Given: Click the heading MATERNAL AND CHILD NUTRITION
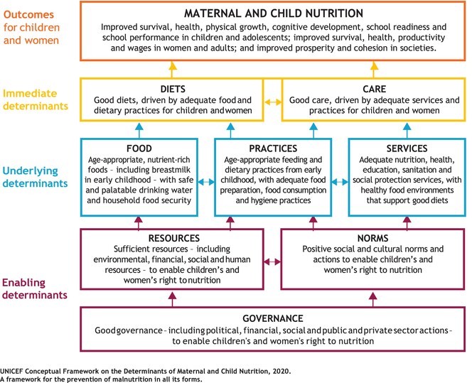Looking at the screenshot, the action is (x=274, y=14).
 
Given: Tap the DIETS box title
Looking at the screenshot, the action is (x=173, y=89).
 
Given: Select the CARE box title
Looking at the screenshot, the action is (x=374, y=89).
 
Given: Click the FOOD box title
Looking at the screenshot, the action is (x=139, y=149).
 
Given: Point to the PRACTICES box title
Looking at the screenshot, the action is (x=273, y=149).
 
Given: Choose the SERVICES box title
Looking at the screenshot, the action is (x=407, y=149).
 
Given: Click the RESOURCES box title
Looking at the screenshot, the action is (x=174, y=238).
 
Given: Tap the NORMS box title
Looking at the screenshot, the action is (x=372, y=238).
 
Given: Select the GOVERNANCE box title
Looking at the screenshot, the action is (x=273, y=318).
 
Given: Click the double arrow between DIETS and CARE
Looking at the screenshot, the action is (x=273, y=102).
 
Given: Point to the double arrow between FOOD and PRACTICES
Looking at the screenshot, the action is (x=206, y=182).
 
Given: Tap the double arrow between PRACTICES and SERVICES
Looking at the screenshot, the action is (x=340, y=182).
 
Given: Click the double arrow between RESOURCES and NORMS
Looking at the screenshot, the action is (x=272, y=262).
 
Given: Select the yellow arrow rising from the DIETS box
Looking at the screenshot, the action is (x=173, y=70).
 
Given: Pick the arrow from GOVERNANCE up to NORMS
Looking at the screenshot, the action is (x=373, y=300).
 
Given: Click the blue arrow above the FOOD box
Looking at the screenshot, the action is (x=139, y=131).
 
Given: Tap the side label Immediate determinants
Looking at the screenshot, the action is (x=36, y=99).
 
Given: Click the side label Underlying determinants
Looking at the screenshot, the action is (x=35, y=177).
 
